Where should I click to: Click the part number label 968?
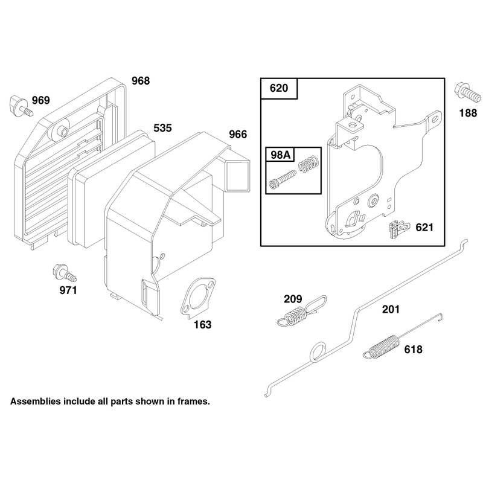(x=141, y=81)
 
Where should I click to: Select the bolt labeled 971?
(x=65, y=273)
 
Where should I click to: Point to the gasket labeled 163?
(x=197, y=296)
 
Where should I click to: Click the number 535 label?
(x=162, y=128)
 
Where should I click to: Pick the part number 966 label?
(x=238, y=134)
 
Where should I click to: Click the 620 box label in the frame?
(x=279, y=88)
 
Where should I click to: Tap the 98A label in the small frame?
(x=280, y=155)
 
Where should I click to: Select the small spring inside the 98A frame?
(x=308, y=164)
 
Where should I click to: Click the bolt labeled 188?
(x=467, y=93)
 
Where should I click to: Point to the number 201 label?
(x=391, y=309)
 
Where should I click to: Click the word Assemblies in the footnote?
(x=36, y=401)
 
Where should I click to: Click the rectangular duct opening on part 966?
(x=237, y=175)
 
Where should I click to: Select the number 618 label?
(x=414, y=350)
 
